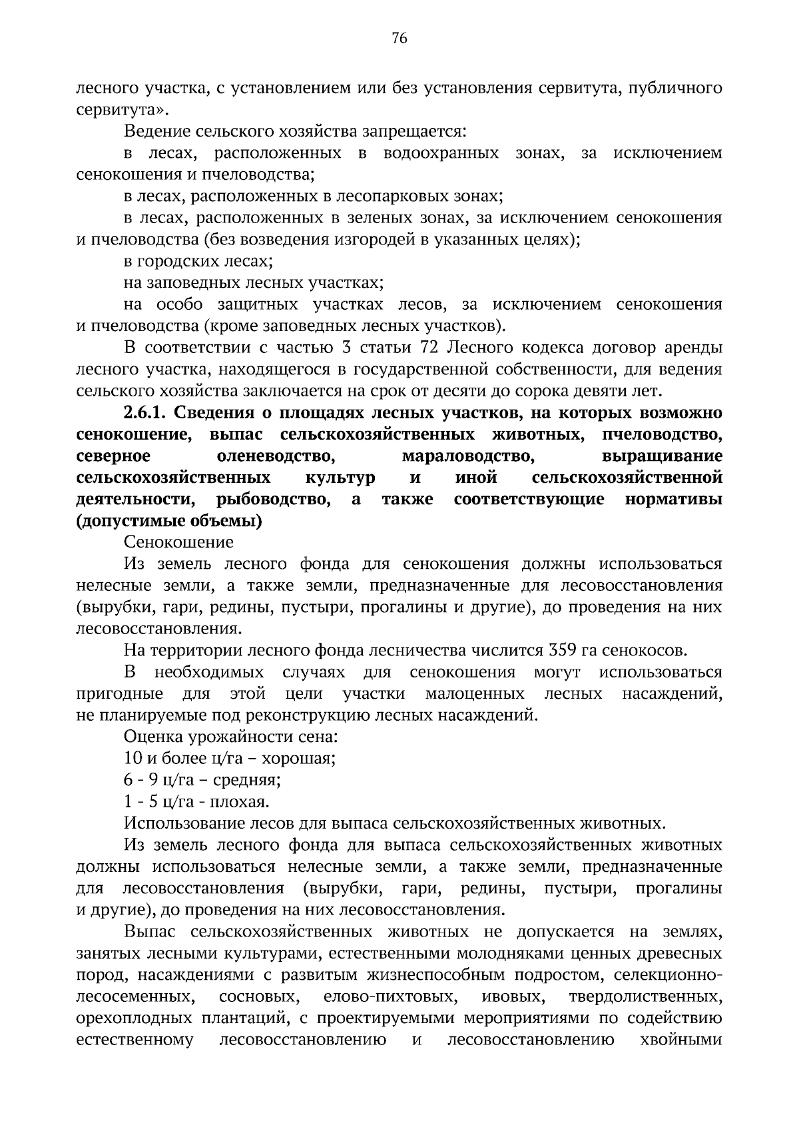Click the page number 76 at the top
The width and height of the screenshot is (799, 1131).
[x=399, y=39]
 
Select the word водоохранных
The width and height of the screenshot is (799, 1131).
[x=441, y=154]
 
